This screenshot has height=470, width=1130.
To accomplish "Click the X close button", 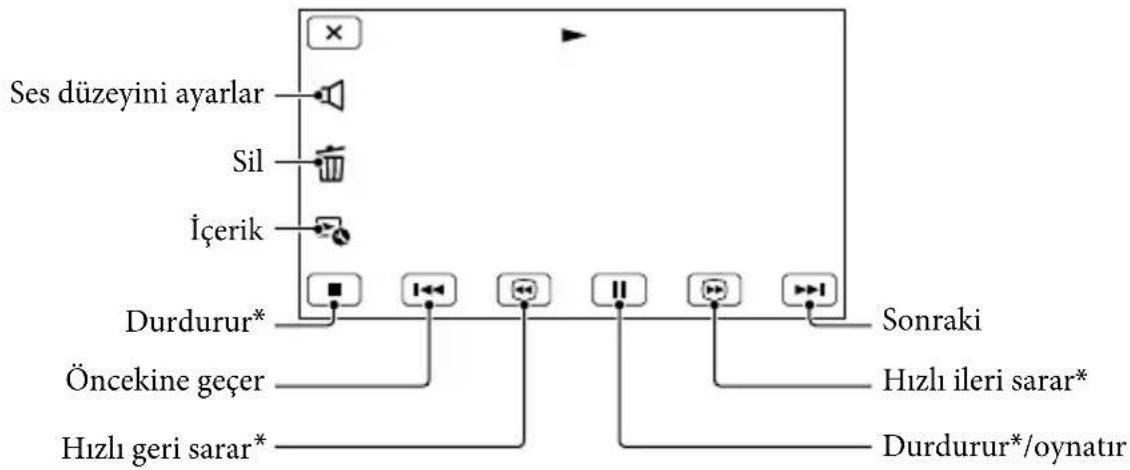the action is click(334, 33).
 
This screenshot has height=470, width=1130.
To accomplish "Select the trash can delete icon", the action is click(332, 164).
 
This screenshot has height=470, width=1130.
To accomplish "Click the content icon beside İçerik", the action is click(333, 232).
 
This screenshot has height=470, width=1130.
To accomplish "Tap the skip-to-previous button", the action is click(428, 290).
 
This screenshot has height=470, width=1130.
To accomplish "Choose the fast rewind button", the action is click(524, 290).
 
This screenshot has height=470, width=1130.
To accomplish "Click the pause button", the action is click(619, 290).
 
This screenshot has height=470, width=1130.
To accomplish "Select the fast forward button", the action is click(714, 290).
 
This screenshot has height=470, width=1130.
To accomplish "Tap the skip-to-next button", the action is click(810, 290).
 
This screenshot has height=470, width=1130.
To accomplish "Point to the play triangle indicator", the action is click(574, 35).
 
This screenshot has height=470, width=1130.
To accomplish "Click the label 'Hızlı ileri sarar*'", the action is click(984, 381).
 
